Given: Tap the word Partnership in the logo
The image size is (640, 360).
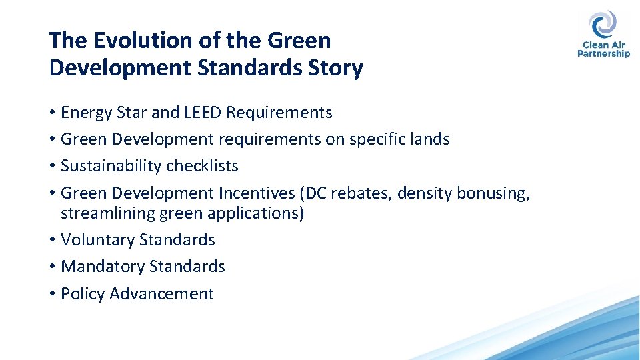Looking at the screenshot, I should point(604,54).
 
